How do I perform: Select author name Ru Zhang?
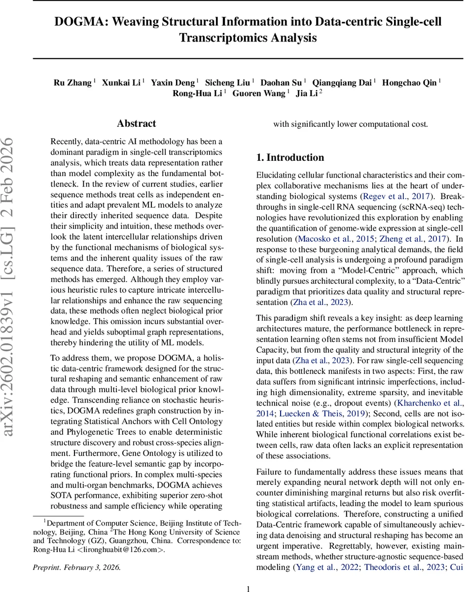click(72, 82)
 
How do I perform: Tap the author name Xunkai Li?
click(121, 82)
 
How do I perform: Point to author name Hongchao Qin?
click(410, 82)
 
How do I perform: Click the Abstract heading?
click(136, 124)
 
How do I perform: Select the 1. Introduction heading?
click(290, 157)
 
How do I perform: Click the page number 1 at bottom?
click(249, 586)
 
